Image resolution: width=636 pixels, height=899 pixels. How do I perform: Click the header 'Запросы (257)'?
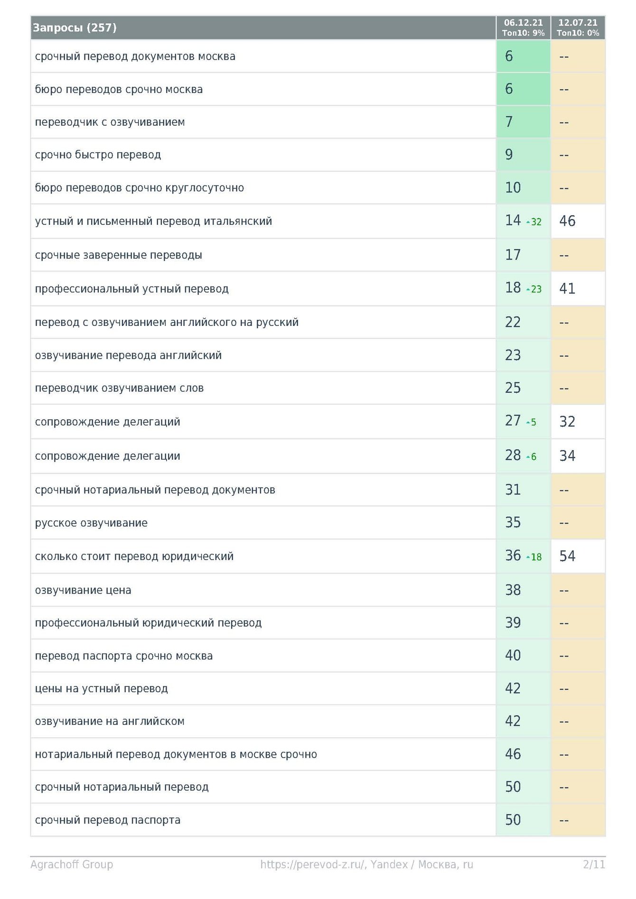[75, 28]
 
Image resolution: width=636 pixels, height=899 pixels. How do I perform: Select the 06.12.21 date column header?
[523, 28]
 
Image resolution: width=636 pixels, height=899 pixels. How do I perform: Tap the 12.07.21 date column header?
[578, 28]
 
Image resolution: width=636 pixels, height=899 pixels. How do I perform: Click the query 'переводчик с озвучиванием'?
[110, 122]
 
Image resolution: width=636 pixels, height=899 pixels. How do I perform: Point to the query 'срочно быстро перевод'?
[98, 155]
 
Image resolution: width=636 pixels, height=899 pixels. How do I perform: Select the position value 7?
[509, 122]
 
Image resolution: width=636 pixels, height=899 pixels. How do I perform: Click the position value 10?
[513, 188]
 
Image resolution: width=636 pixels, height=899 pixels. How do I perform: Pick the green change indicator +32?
[534, 222]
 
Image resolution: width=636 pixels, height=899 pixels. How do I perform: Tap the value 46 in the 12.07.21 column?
[567, 221]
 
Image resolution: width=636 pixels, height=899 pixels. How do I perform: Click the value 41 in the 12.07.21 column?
[567, 288]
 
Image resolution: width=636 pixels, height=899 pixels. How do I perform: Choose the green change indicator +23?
[534, 289]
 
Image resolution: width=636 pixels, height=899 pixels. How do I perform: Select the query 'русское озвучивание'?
[91, 523]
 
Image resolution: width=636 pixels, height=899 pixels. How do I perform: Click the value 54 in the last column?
[567, 556]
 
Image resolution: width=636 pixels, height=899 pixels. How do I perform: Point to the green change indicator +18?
[534, 557]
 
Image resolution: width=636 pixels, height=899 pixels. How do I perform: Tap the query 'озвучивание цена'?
[83, 590]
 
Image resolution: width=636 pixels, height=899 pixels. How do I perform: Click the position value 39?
[513, 623]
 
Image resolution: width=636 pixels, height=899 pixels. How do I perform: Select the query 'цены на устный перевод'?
[101, 688]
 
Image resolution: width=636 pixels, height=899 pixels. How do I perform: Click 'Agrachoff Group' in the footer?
[72, 864]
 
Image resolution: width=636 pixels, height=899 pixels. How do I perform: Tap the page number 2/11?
[594, 864]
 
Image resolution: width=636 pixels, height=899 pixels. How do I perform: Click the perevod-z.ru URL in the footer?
[313, 864]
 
